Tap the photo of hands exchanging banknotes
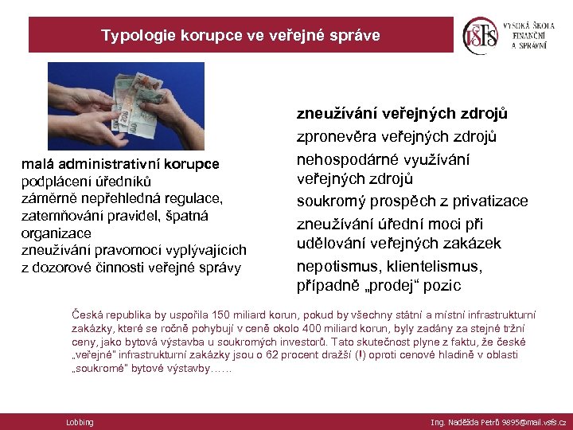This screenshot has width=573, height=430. [x=126, y=106]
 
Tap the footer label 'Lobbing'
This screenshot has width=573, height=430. [x=80, y=422]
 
